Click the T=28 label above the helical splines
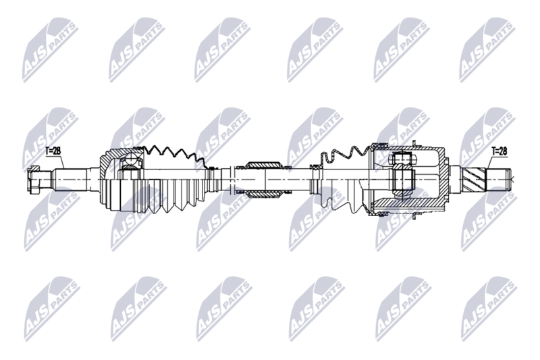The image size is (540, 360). tap(500, 151)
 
